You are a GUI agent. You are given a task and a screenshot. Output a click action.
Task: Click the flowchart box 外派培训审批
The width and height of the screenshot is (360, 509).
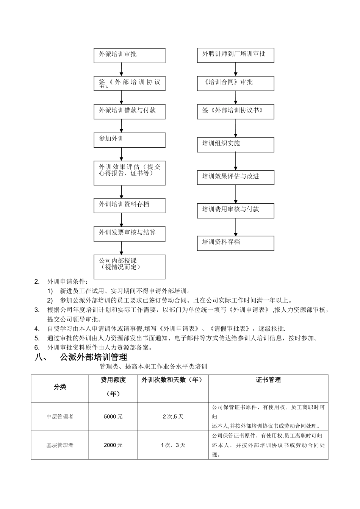(130, 55)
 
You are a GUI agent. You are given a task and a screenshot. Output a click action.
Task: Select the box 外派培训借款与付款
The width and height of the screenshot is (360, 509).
(130, 112)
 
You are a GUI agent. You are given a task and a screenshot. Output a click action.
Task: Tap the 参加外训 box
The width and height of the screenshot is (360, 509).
(130, 140)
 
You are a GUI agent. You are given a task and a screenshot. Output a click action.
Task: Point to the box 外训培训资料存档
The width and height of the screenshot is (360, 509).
(130, 206)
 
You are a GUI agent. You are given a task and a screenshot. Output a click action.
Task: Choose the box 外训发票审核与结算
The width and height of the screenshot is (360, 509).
(130, 234)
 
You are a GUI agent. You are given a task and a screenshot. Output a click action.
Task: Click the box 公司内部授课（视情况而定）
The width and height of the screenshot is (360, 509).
(130, 267)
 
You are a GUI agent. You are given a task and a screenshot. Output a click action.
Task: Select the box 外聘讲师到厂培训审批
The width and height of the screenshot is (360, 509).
(235, 55)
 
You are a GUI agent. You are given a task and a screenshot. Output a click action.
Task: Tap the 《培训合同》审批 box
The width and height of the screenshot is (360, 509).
(235, 83)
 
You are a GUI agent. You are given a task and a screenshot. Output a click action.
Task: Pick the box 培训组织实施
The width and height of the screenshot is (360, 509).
(235, 145)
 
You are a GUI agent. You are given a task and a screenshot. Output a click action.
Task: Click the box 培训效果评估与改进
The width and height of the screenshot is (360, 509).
(235, 178)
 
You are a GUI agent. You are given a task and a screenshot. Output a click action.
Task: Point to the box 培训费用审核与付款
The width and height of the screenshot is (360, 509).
(235, 211)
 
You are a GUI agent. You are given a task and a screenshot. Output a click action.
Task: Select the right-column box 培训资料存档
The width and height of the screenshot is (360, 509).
(235, 243)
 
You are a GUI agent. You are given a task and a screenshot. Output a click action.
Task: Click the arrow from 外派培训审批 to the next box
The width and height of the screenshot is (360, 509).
(122, 70)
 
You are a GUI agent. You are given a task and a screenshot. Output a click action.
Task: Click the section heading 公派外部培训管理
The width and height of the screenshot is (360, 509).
(94, 357)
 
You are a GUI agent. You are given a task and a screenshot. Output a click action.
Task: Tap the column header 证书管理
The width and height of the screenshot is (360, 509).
(268, 380)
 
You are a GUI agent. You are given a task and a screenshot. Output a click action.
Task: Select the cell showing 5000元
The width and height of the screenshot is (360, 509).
(113, 417)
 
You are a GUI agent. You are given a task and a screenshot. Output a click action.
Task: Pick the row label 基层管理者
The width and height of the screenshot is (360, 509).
(60, 445)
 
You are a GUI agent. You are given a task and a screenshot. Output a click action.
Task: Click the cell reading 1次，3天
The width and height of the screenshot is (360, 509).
(173, 445)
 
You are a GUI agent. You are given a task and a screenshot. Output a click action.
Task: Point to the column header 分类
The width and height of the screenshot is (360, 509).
(60, 387)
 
